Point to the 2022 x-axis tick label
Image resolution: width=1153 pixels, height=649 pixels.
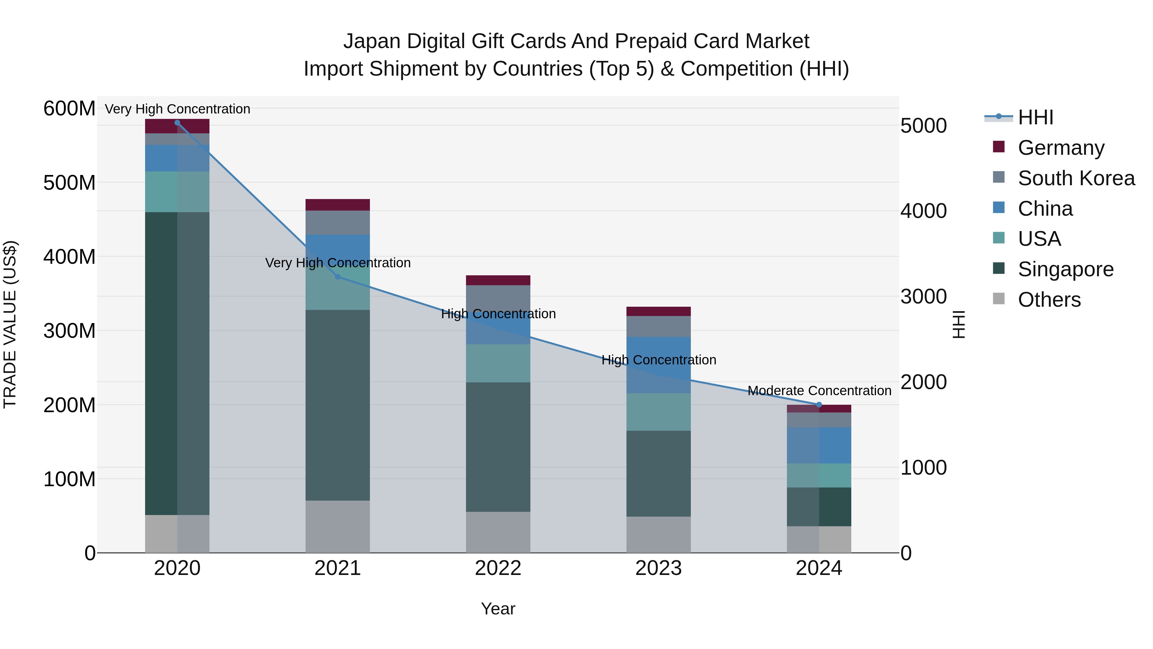pos(498,568)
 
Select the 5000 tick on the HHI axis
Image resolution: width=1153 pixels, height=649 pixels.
pos(923,126)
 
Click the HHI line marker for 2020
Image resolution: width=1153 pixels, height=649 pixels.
pos(177,123)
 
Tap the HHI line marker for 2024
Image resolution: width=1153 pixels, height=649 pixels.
pos(819,405)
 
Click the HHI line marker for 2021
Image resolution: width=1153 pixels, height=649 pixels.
pos(338,277)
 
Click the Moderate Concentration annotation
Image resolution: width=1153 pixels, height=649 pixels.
pos(819,391)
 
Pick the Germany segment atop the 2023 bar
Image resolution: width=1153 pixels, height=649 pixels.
pos(658,311)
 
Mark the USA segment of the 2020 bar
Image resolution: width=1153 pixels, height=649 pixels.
pos(177,192)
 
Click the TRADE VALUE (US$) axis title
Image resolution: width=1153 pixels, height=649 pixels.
pos(10,324)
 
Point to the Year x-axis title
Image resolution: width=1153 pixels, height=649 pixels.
pos(498,609)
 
